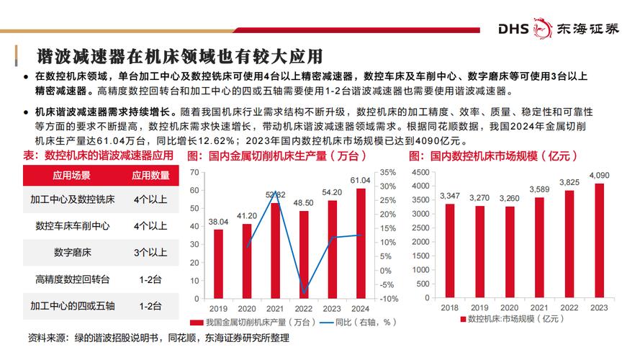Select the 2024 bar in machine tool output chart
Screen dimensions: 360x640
(361, 243)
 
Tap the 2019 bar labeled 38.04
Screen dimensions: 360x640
(219, 264)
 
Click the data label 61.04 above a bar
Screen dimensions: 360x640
(361, 180)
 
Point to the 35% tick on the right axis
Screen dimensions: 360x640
(387, 172)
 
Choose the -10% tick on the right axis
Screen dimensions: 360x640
(387, 299)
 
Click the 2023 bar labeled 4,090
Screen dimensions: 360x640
(599, 241)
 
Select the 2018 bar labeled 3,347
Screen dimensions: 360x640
(449, 251)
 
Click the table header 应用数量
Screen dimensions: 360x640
(150, 175)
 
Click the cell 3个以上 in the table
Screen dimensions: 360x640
(150, 253)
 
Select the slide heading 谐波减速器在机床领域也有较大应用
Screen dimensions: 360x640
(179, 55)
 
